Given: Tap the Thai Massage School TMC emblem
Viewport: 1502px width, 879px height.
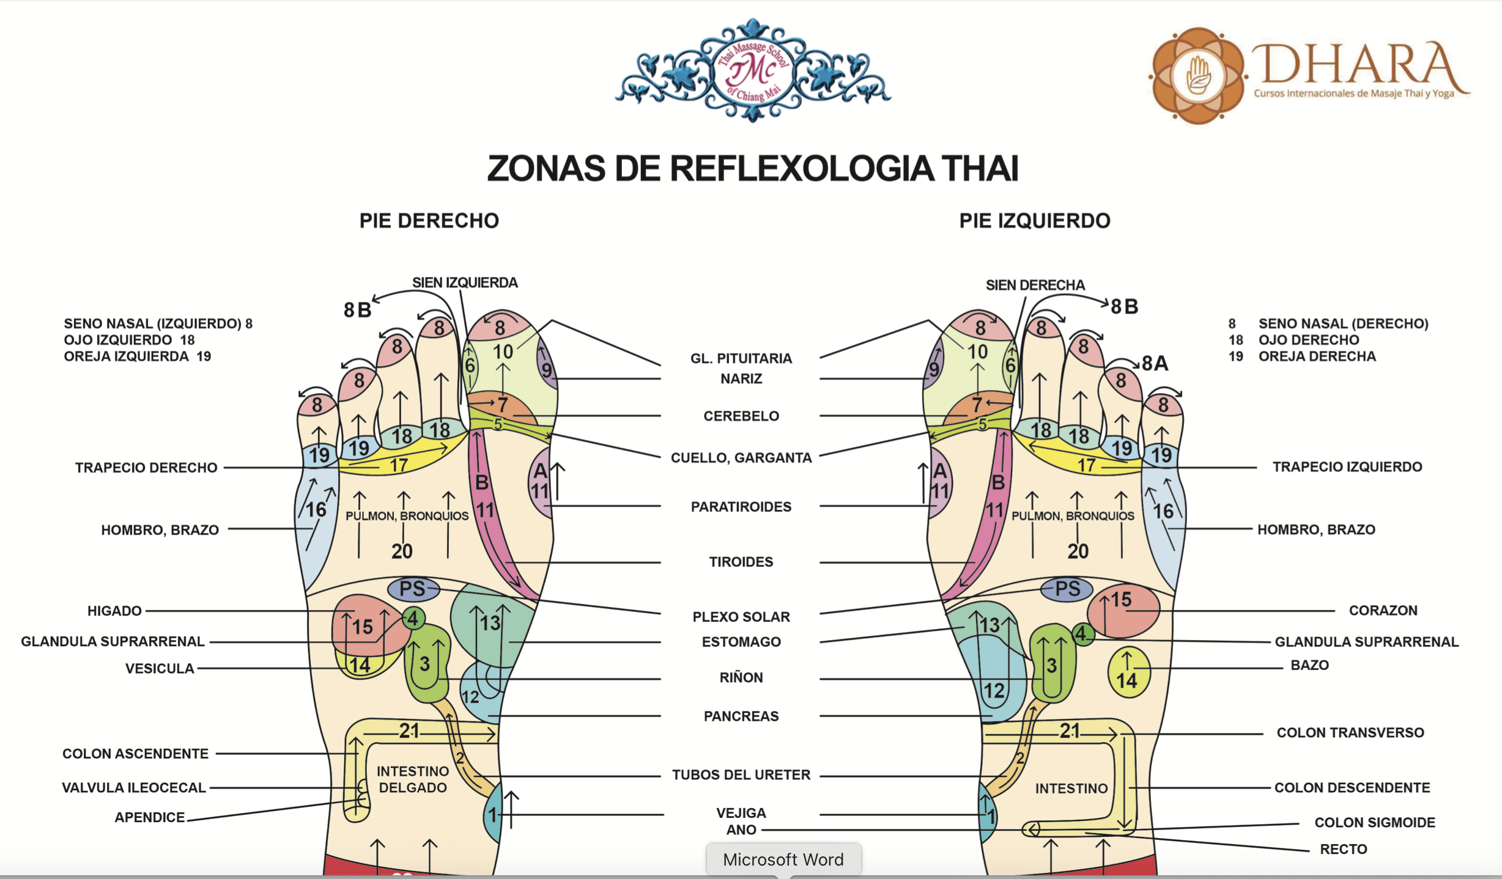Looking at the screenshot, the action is pos(753,70).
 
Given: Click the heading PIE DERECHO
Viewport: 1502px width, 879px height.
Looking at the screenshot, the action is pos(429,221).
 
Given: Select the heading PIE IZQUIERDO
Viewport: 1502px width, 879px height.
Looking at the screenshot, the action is pos(1034,221).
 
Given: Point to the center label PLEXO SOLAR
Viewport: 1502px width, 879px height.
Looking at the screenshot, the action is pos(741,617).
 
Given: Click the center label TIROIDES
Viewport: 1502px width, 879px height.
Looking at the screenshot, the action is pos(741,562).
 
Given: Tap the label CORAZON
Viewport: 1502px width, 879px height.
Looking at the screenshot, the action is pos(1383,610).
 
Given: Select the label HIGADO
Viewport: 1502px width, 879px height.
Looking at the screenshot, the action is pos(114,611).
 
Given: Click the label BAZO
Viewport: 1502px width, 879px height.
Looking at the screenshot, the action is pos(1309,665).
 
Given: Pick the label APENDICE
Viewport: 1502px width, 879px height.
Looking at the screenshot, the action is pos(150,817).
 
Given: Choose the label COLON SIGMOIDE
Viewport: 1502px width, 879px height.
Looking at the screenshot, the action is pos(1375,822).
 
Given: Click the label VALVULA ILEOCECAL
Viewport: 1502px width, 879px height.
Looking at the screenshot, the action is pos(134,787).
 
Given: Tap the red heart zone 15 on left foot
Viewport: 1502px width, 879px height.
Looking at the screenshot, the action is pos(1123,611).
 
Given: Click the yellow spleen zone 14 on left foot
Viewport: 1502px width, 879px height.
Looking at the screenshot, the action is pos(1129,672).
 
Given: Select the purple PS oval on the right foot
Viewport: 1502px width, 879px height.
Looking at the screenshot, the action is pos(413,589).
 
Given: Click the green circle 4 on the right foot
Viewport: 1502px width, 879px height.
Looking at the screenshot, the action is pos(413,618).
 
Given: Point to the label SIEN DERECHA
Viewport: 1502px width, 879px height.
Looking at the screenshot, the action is pos(1035,285).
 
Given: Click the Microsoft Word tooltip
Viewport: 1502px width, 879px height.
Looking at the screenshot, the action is pos(783,859).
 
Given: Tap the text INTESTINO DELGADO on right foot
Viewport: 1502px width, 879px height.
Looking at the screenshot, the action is pos(413,779).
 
